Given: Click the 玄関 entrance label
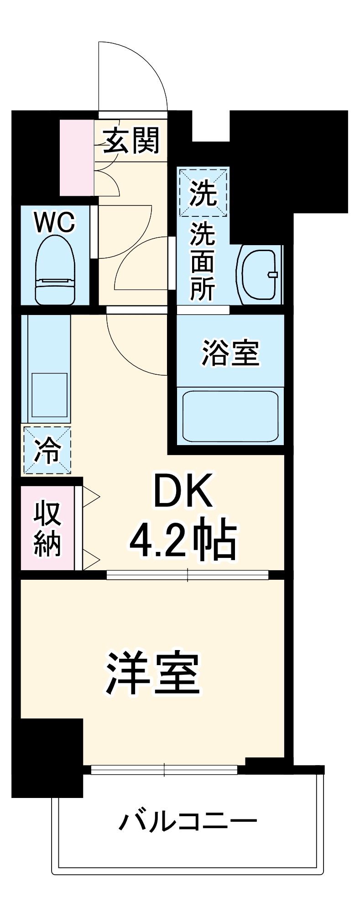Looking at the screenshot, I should [x=131, y=140].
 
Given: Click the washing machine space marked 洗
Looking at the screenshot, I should [x=203, y=192].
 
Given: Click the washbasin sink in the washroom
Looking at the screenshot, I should [x=259, y=274].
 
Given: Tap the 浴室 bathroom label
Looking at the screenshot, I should [x=230, y=352].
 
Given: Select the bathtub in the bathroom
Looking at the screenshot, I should [x=230, y=415].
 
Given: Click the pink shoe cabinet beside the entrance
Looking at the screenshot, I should [x=77, y=157].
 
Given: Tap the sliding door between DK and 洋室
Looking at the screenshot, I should [x=188, y=575].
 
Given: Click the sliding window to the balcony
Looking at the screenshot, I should [x=164, y=770].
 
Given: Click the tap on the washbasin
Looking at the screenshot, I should [x=272, y=274].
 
